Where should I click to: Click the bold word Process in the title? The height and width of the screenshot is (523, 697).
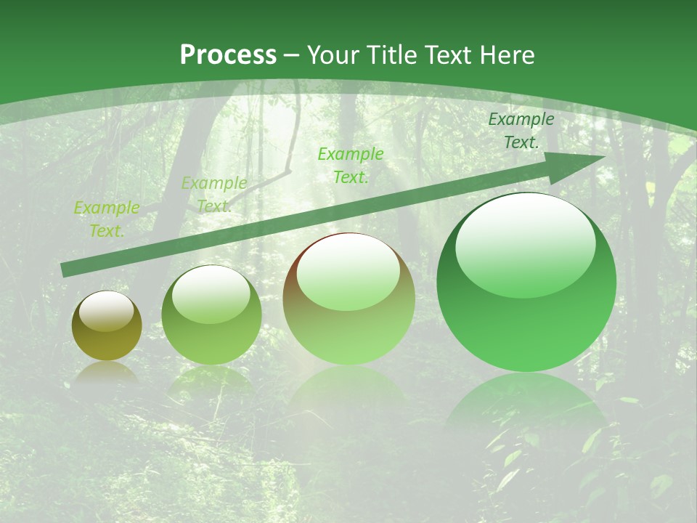(228, 55)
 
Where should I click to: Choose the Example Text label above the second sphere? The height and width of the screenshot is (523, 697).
(214, 194)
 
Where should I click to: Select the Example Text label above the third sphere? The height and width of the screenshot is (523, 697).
(351, 165)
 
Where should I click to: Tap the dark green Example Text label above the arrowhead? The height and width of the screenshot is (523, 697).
(521, 131)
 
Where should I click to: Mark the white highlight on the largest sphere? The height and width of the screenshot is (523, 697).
(525, 243)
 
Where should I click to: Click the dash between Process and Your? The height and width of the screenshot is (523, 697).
(292, 55)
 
